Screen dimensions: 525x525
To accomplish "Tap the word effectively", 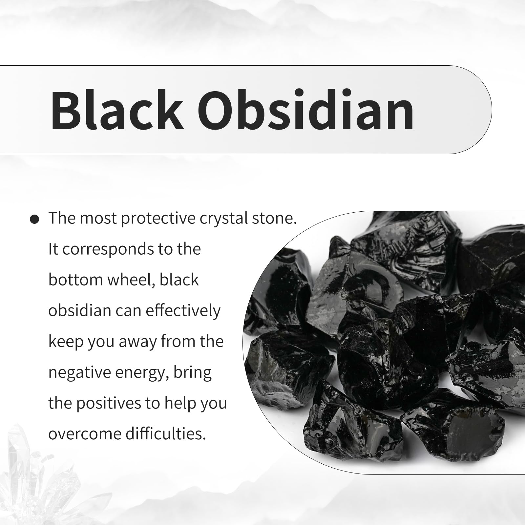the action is (183, 311).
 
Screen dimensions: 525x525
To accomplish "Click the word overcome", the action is (85, 434).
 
